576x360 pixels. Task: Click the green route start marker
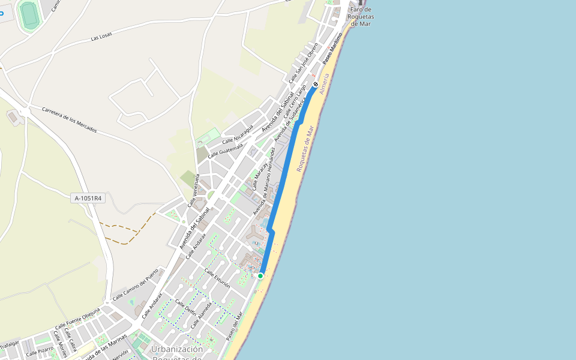[260, 276]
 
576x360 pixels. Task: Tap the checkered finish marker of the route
[316, 85]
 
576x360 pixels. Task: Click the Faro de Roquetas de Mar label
[361, 16]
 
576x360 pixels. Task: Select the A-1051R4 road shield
[88, 198]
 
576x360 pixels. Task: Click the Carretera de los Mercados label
[69, 120]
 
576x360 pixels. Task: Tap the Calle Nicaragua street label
[238, 134]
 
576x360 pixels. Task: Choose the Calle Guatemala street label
[225, 147]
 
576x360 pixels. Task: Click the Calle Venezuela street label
[193, 190]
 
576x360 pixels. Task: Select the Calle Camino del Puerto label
[136, 286]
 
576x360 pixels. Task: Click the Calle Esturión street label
[217, 279]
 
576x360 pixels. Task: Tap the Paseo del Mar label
[235, 326]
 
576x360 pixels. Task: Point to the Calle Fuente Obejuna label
[77, 318]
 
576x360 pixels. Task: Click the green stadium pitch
[28, 14]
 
